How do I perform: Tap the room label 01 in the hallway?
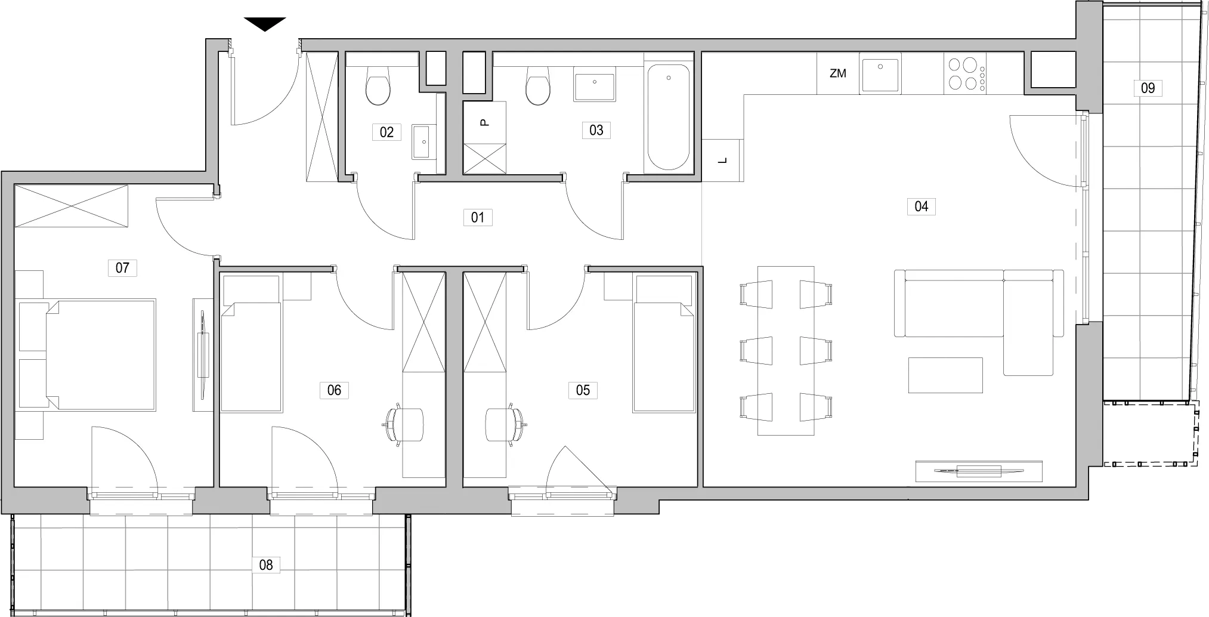pyautogui.click(x=478, y=217)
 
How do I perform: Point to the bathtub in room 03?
pyautogui.click(x=669, y=118)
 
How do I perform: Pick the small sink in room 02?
pyautogui.click(x=424, y=142)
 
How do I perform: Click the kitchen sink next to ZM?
pyautogui.click(x=880, y=75)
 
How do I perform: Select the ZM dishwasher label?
pyautogui.click(x=838, y=73)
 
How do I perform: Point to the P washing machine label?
pyautogui.click(x=485, y=122)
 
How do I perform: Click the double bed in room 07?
pyautogui.click(x=101, y=355)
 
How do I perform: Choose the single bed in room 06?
pyautogui.click(x=251, y=357)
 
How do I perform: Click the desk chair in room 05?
pyautogui.click(x=506, y=424)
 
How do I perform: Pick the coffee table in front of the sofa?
pyautogui.click(x=945, y=375)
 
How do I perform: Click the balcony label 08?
pyautogui.click(x=266, y=564)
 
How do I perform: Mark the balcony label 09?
pyautogui.click(x=1148, y=88)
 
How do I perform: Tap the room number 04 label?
pyautogui.click(x=921, y=206)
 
